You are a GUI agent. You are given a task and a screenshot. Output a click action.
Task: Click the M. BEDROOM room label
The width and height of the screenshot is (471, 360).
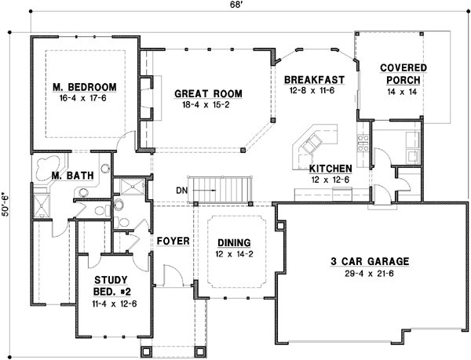[85, 86]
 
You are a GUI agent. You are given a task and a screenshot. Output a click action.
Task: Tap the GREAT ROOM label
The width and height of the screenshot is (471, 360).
[208, 94]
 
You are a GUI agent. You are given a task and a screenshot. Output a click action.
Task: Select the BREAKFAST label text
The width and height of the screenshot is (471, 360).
[315, 80]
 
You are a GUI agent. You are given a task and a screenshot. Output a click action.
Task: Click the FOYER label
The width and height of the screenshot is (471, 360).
[173, 240]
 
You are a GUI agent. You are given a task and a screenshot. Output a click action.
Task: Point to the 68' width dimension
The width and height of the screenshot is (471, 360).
[235, 7]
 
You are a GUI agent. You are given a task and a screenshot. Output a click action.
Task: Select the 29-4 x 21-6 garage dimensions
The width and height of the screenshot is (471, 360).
[371, 273]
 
